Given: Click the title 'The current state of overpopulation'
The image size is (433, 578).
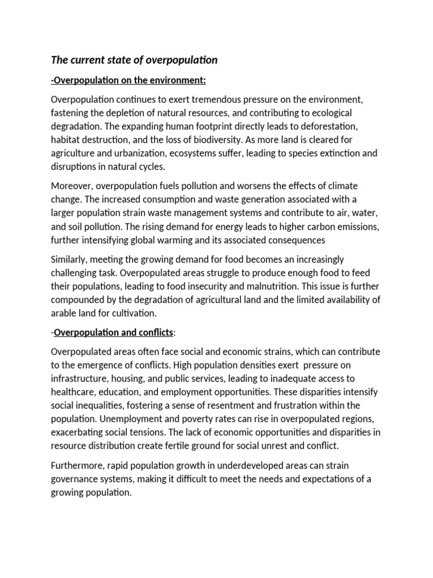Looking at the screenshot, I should coord(134,59).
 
